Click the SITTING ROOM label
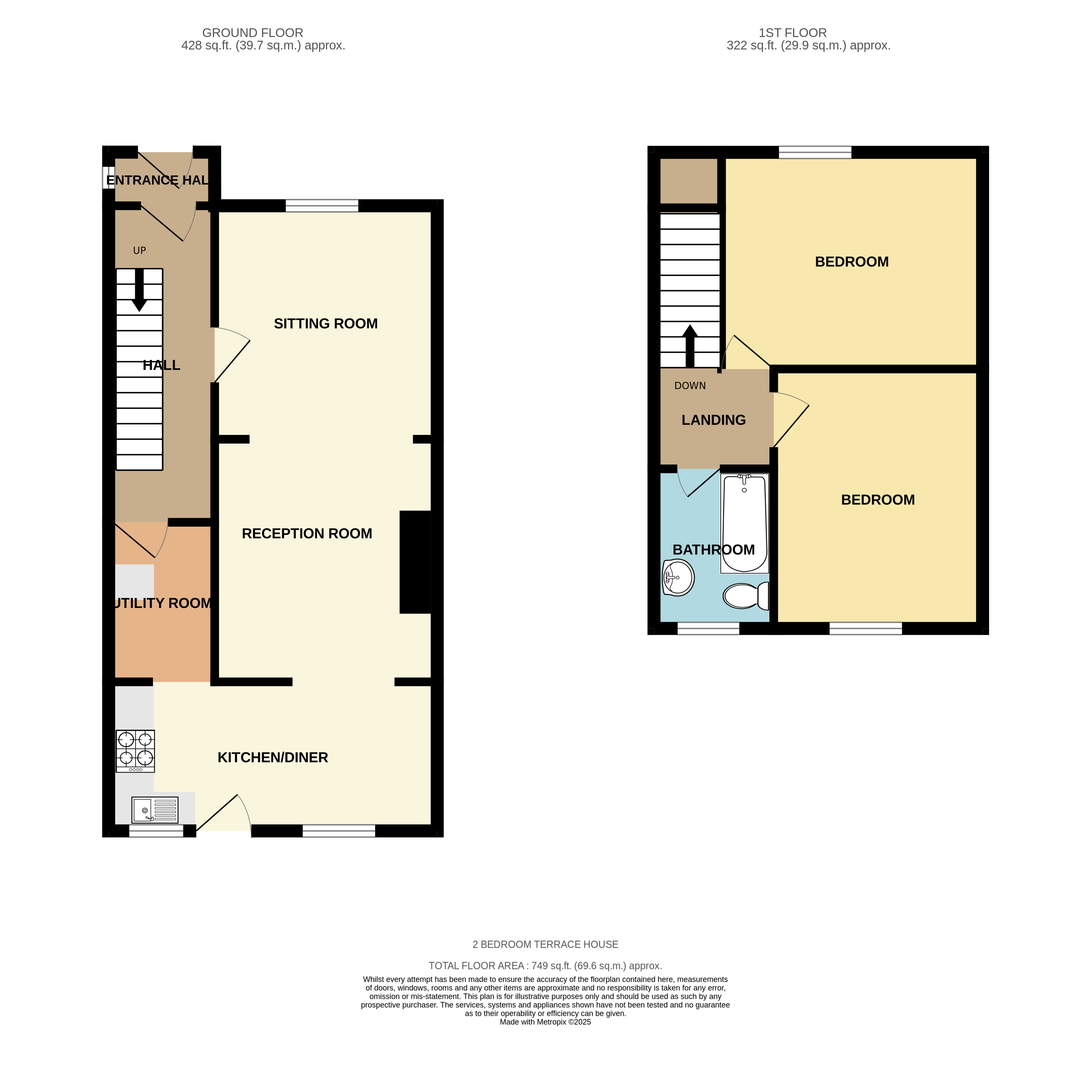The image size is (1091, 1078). tap(325, 324)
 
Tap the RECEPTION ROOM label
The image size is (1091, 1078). tap(307, 534)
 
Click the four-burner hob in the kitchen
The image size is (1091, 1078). tap(136, 751)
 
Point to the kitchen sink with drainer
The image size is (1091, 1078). tap(155, 810)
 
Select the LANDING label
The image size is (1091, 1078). tap(713, 420)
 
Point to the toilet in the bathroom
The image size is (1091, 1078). tap(745, 596)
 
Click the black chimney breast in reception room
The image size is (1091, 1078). tap(415, 562)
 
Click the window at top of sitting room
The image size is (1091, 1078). tap(322, 206)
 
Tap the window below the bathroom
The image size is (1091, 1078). tap(708, 628)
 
